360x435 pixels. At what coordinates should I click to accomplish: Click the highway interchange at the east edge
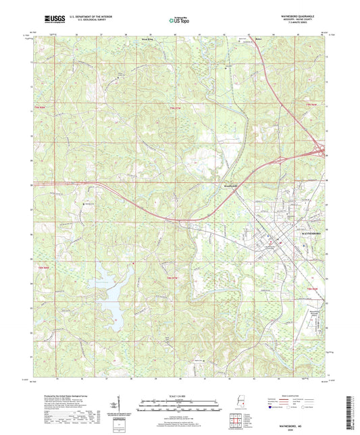322,153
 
